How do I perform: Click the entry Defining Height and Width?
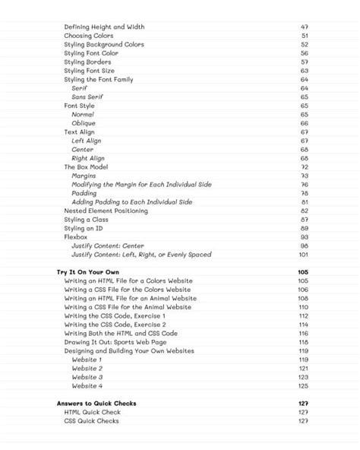(104, 27)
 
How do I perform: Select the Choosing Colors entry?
(89, 36)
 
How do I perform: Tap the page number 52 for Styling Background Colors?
(305, 45)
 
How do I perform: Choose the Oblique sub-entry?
(84, 123)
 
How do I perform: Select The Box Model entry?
(86, 166)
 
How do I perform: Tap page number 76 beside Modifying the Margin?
(305, 185)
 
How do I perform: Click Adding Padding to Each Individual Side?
(131, 202)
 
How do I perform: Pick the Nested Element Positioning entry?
(106, 211)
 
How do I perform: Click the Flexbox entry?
(77, 237)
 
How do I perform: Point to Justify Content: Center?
(108, 246)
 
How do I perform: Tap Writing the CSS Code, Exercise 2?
(115, 325)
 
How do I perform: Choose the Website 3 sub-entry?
(87, 377)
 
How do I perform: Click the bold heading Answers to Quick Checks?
(96, 404)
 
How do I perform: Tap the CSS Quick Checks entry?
(91, 421)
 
